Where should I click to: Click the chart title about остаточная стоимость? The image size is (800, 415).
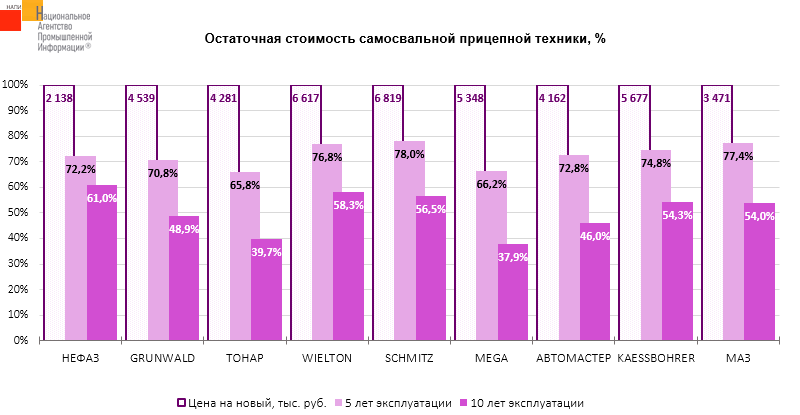pos(405,39)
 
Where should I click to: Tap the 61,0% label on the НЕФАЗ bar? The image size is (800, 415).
pos(101,198)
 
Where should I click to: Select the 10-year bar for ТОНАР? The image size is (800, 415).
pos(266,300)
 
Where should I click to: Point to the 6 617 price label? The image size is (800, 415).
pos(307,98)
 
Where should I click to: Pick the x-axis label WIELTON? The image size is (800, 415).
pos(326,358)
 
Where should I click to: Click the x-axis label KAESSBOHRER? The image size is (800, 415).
pos(656,358)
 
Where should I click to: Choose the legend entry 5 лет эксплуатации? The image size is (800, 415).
pos(399,402)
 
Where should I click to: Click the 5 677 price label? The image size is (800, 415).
pos(636,98)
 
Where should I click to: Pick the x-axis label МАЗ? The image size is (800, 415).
pos(739,358)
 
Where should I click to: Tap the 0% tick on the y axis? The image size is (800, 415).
pos(20,340)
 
